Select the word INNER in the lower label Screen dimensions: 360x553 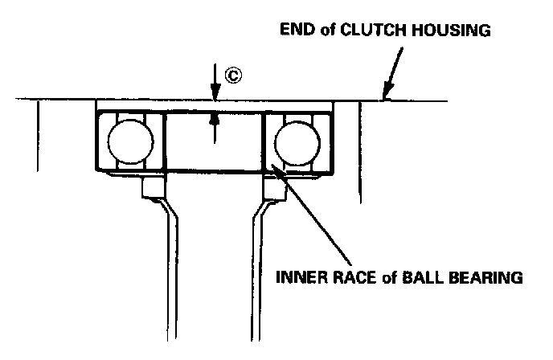tap(301, 279)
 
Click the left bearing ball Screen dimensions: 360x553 tap(130, 142)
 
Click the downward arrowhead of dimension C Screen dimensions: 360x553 tap(215, 95)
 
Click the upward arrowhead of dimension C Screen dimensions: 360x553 tap(215, 118)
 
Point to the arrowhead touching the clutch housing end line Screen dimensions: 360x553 tap(387, 93)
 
